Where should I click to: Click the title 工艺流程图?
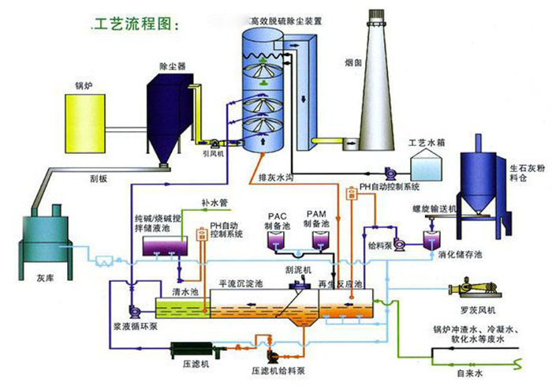(x=135, y=24)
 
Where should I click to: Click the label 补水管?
(x=214, y=203)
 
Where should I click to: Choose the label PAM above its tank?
(x=316, y=214)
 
